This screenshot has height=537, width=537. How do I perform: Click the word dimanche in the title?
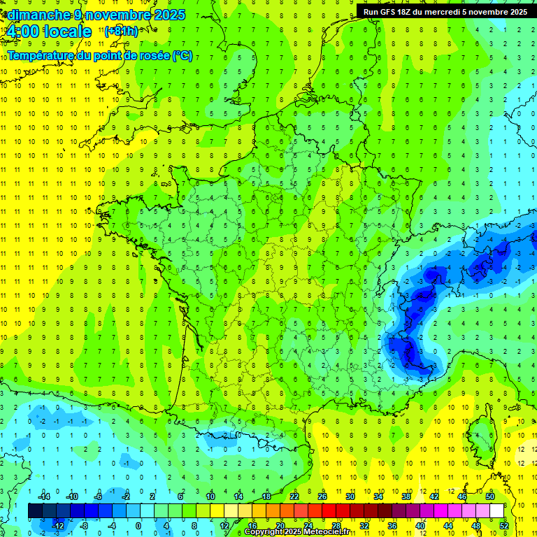(x=36, y=15)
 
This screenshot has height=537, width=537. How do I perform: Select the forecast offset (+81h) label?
(x=121, y=31)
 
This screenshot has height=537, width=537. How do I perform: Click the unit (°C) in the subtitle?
(x=182, y=56)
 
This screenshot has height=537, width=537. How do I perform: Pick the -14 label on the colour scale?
(x=45, y=496)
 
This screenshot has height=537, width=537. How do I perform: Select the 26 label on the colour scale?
(x=322, y=496)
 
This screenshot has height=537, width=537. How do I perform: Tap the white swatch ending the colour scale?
(x=497, y=511)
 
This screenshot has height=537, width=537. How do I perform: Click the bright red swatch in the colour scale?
(x=329, y=511)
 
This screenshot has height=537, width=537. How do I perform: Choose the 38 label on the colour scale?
(x=406, y=496)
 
